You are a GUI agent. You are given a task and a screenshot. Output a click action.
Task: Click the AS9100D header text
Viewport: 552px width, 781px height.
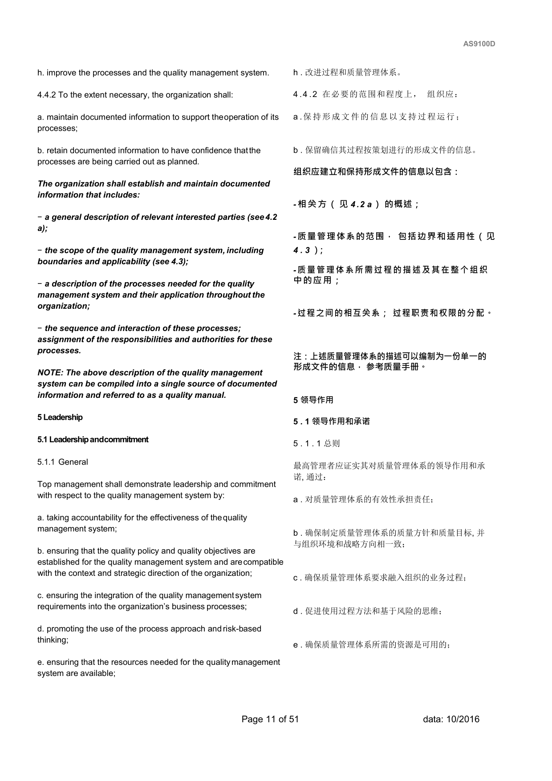click(479, 44)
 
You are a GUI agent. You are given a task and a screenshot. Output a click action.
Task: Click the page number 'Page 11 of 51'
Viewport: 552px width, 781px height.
click(270, 719)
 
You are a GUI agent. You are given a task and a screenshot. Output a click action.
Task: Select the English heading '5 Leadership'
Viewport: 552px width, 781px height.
click(60, 417)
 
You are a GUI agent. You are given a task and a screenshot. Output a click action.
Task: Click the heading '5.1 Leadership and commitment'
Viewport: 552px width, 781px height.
click(93, 440)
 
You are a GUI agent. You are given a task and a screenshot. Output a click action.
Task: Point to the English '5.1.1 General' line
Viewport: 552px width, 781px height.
click(63, 462)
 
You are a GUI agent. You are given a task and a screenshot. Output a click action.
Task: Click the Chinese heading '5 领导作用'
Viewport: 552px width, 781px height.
click(313, 400)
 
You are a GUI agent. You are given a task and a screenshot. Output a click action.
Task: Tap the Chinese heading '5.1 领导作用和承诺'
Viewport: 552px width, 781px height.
click(332, 421)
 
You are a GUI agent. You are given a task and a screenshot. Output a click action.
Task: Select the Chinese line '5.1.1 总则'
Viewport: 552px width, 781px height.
click(317, 444)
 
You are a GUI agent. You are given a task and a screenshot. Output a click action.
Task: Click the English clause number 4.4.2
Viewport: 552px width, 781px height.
click(47, 95)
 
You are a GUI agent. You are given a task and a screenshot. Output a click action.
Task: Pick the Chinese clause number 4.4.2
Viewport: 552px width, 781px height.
click(305, 94)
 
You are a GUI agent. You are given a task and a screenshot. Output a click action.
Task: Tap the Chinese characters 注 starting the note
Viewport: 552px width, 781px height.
click(297, 356)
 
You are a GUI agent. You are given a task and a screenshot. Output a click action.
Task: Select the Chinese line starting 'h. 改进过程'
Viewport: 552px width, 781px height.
click(347, 73)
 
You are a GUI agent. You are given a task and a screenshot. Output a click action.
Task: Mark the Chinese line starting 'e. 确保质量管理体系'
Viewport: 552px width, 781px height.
click(372, 645)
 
